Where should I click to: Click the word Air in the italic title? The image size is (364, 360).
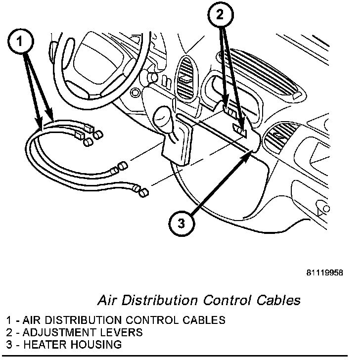pos(105,300)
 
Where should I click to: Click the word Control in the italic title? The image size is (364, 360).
pos(223,300)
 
